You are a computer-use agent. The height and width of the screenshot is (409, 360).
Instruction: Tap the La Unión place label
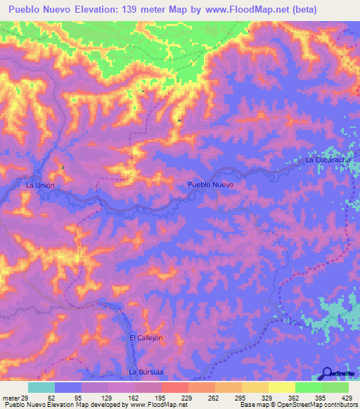[39, 185]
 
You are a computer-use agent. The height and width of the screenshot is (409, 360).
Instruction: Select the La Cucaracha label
[328, 160]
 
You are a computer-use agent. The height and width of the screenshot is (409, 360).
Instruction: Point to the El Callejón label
[146, 338]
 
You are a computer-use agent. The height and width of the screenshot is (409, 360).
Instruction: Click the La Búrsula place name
[146, 370]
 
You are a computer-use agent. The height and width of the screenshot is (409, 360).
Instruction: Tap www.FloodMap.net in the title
[238, 10]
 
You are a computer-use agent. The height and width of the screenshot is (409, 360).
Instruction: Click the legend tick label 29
[25, 397]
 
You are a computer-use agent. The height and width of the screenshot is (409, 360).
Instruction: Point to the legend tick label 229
[186, 397]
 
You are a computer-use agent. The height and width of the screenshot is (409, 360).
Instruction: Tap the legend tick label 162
[133, 397]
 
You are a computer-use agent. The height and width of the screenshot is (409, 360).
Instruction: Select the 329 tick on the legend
[267, 397]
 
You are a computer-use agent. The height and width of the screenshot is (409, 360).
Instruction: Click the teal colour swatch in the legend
[41, 387]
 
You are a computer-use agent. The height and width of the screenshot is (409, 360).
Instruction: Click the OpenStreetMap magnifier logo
[328, 373]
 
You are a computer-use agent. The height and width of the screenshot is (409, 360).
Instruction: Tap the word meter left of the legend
[10, 397]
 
